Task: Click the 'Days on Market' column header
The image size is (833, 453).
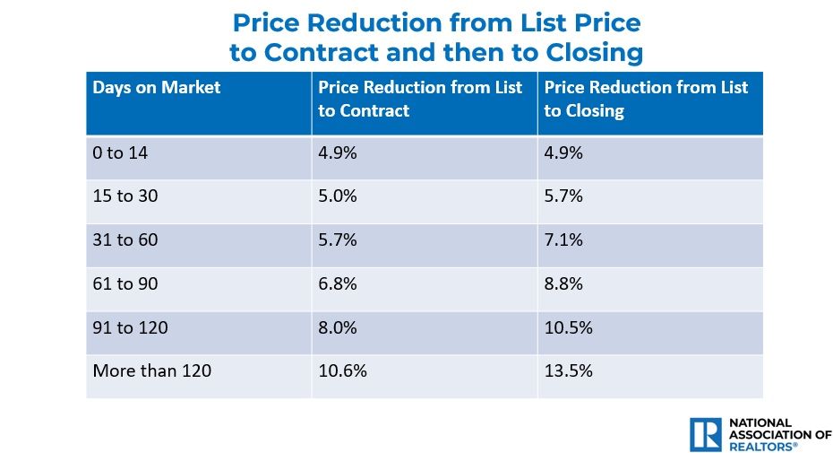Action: click(157, 88)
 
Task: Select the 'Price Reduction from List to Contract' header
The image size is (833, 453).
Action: click(420, 100)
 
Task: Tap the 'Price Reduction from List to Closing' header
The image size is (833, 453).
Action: click(646, 100)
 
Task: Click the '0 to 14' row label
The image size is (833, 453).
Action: click(119, 152)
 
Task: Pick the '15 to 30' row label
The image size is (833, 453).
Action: click(125, 196)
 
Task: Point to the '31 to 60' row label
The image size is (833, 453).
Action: click(125, 240)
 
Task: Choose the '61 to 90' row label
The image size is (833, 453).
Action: click(125, 283)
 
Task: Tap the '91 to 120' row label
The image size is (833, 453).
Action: click(130, 327)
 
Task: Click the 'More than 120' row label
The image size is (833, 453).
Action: click(151, 370)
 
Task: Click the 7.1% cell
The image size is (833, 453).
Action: click(563, 240)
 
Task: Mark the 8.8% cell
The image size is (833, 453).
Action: click(563, 283)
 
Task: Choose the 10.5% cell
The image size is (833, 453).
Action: click(568, 327)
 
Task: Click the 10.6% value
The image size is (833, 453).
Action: click(342, 370)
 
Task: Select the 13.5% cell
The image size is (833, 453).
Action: click(568, 370)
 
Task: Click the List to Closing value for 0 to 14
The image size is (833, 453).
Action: click(563, 152)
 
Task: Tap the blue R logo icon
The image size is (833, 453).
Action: click(705, 434)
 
